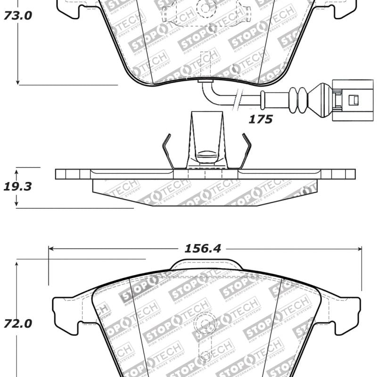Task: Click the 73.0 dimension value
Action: tap(18, 16)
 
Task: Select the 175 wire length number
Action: tap(261, 119)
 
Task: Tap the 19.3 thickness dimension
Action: tap(18, 186)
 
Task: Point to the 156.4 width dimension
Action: tap(203, 248)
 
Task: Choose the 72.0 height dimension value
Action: tap(18, 324)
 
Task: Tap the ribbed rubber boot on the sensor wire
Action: tap(298, 99)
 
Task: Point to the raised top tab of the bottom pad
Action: tap(206, 264)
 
